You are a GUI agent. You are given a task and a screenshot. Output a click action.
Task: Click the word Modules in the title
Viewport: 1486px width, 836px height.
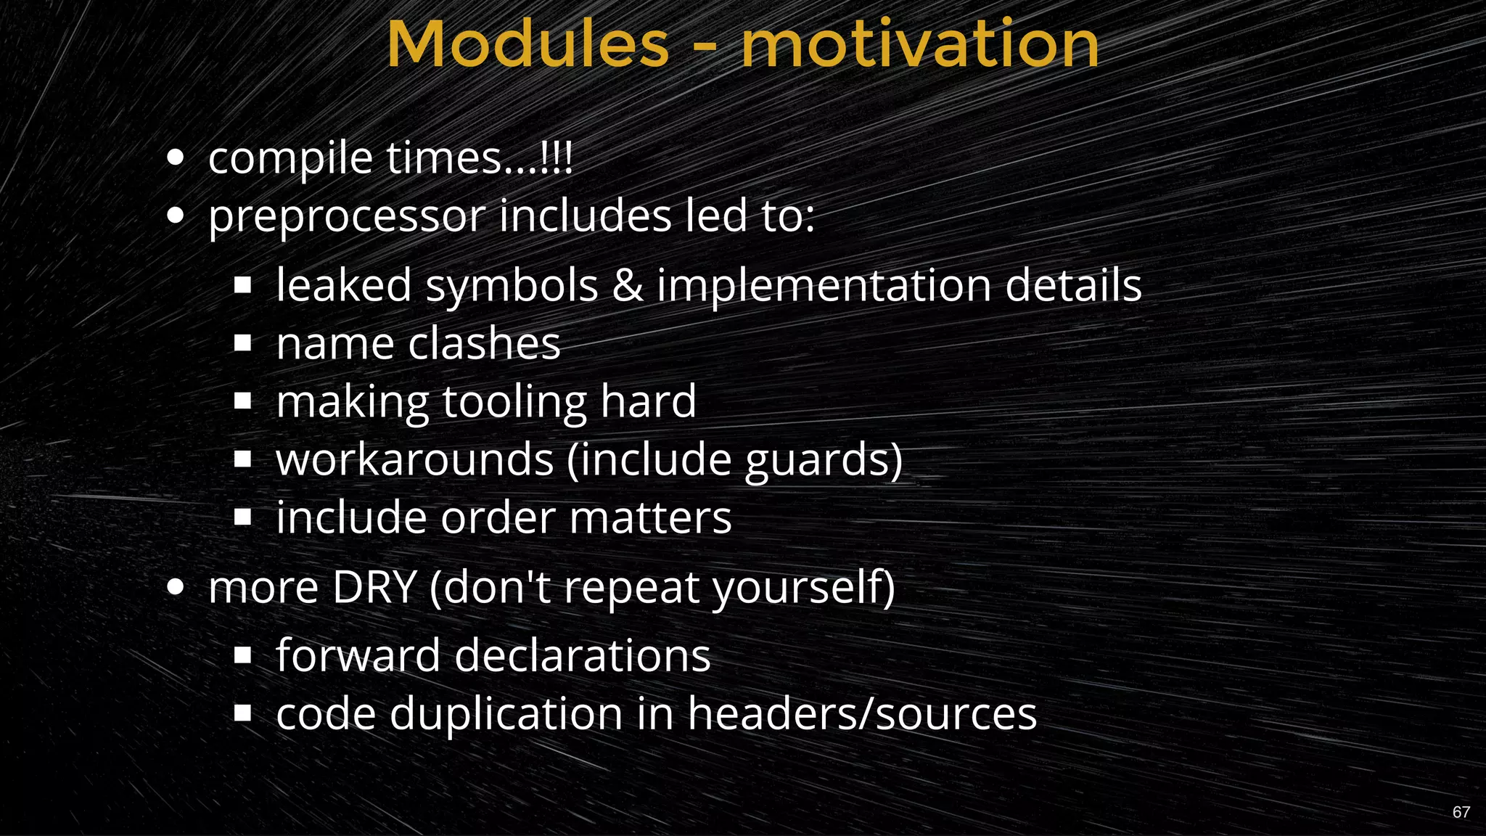coord(528,45)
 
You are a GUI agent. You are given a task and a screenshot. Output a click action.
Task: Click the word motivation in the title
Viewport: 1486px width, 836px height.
coord(919,45)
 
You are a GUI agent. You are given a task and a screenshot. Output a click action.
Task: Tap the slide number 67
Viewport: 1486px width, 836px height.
coord(1461,812)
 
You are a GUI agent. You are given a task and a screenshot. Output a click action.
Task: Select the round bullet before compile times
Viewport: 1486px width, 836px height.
coord(175,157)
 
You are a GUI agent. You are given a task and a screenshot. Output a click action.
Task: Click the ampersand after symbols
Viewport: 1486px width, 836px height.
coord(628,284)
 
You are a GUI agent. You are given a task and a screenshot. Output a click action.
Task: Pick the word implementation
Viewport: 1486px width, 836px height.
coord(824,286)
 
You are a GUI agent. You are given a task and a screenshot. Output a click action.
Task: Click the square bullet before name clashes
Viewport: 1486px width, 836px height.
coord(242,343)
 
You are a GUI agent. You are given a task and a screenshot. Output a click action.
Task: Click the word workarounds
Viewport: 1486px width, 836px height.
coord(415,459)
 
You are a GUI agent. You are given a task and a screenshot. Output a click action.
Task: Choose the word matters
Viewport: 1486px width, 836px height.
coord(650,518)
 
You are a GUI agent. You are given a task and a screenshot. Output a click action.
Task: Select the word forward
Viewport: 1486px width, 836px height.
coord(358,655)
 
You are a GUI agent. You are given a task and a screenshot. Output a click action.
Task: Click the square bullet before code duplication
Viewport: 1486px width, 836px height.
coord(242,713)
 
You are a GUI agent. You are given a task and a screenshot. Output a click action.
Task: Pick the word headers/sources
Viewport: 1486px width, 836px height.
coord(862,714)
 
